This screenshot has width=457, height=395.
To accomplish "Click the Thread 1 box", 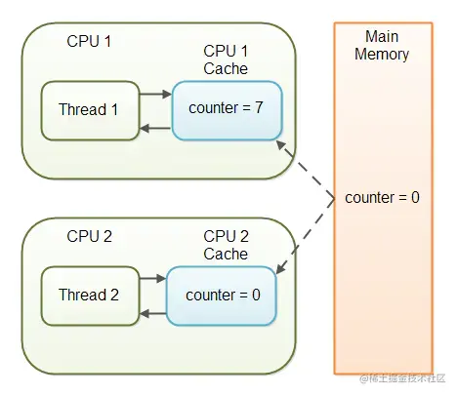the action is coord(90,110).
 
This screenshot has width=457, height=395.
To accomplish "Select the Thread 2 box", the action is coord(90,296).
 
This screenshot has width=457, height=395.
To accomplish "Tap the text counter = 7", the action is coord(226,108).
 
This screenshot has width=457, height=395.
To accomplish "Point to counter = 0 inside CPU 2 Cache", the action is coord(223,296).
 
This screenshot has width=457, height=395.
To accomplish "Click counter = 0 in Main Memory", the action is coord(382,198).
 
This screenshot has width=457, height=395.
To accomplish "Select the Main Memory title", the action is coord(382,45).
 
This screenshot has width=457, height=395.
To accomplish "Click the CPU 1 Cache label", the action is coord(226,59).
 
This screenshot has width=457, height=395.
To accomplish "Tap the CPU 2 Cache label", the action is coord(226,245).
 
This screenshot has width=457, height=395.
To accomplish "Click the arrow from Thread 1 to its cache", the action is coord(155,95).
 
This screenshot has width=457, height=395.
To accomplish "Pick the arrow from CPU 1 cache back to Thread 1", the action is coord(155,129).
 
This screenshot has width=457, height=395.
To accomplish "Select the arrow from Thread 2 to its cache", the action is coord(153,278).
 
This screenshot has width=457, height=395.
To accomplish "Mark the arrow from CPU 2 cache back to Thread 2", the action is coord(153,314).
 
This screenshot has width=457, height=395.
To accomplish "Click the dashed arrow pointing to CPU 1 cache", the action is coord(306,170).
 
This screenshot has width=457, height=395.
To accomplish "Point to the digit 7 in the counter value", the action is coord(259,107).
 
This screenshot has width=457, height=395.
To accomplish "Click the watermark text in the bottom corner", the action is coord(402,378).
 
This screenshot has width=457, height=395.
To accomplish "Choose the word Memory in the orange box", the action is coord(382,55).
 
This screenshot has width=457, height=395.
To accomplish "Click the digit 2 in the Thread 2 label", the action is coord(114,295).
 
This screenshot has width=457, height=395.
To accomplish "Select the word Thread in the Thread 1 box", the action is coord(83,109).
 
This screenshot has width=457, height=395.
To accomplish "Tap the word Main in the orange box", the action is coord(382,36).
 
